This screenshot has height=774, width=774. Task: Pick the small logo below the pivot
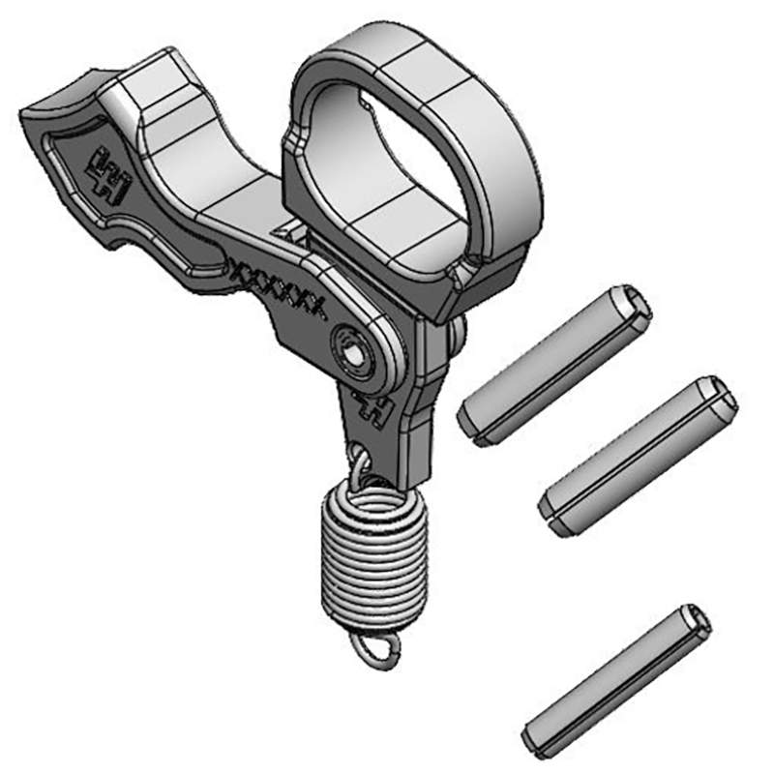[372, 406]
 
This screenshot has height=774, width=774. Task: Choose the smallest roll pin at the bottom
[615, 682]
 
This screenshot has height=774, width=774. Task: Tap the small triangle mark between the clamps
[285, 229]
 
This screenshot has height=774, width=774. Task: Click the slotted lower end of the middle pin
[555, 513]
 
